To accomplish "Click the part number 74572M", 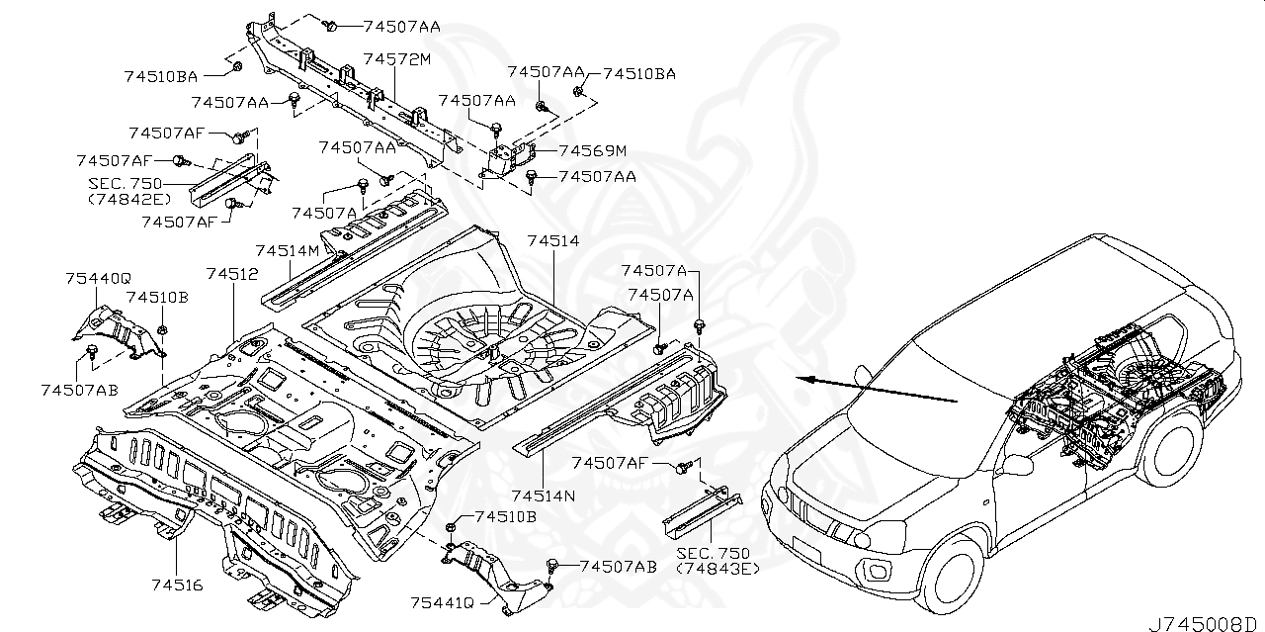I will pos(397,59).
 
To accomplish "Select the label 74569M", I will pos(592,151).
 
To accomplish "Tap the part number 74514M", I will pos(287,251).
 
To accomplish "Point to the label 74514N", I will pos(544,494).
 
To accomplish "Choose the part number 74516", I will pos(178,586).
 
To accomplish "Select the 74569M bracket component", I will pos(510,158).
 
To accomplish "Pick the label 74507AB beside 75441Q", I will pos(618,567).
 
